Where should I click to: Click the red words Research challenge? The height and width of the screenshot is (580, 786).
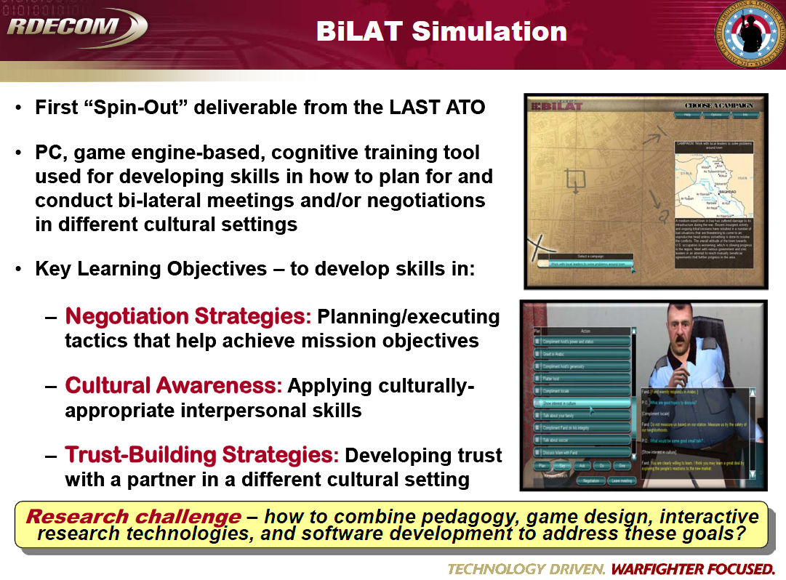click(x=133, y=517)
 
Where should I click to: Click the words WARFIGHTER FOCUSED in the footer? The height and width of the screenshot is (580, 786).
click(x=693, y=568)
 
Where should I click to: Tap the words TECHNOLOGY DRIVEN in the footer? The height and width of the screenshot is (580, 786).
click(x=526, y=568)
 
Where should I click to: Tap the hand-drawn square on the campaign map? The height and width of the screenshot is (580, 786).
click(x=574, y=179)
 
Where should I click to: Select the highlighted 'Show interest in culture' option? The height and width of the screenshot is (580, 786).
click(x=581, y=402)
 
